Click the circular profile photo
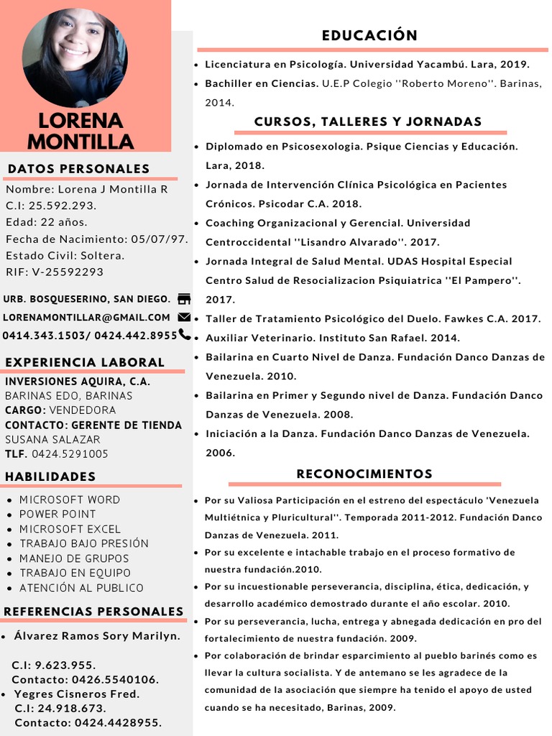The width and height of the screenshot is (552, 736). [x=75, y=57]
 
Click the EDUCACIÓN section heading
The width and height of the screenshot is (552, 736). [x=369, y=35]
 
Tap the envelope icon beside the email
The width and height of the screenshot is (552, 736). [x=184, y=317]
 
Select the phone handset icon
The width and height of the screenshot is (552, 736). [x=185, y=334]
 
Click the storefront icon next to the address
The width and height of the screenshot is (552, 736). [x=184, y=299]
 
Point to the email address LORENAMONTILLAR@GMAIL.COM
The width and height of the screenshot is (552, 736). [x=86, y=317]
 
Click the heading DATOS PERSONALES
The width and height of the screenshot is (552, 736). [x=78, y=169]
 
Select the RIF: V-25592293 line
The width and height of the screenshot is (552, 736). [x=55, y=272]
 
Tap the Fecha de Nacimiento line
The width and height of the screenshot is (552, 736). [x=97, y=239]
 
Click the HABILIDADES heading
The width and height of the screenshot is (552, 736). [x=50, y=477]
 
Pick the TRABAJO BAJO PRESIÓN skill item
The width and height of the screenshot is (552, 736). [x=84, y=543]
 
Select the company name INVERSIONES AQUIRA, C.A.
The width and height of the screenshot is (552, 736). [x=78, y=382]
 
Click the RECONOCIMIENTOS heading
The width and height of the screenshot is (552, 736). [x=364, y=474]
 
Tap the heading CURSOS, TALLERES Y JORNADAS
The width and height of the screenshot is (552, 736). [x=368, y=121]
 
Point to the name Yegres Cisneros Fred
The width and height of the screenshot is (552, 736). [x=77, y=694]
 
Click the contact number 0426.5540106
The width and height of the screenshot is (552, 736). [x=115, y=679]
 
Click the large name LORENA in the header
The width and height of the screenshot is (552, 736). [x=80, y=120]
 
